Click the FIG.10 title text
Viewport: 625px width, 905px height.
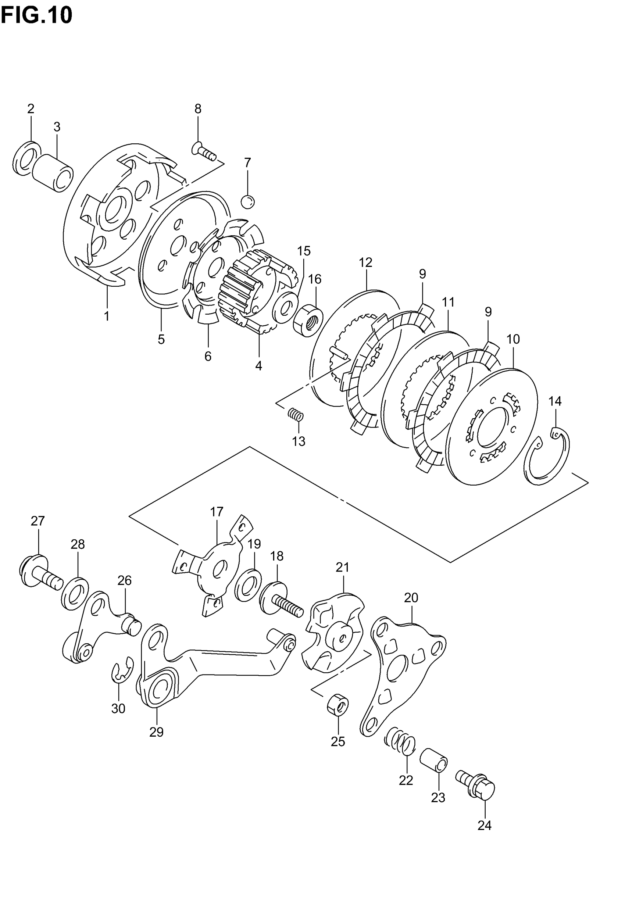tap(36, 16)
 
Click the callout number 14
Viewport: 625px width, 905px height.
tap(555, 401)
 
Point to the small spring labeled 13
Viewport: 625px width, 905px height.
tap(296, 414)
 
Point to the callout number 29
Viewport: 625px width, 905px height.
tap(156, 732)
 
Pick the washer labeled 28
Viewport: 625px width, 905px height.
tap(75, 594)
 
